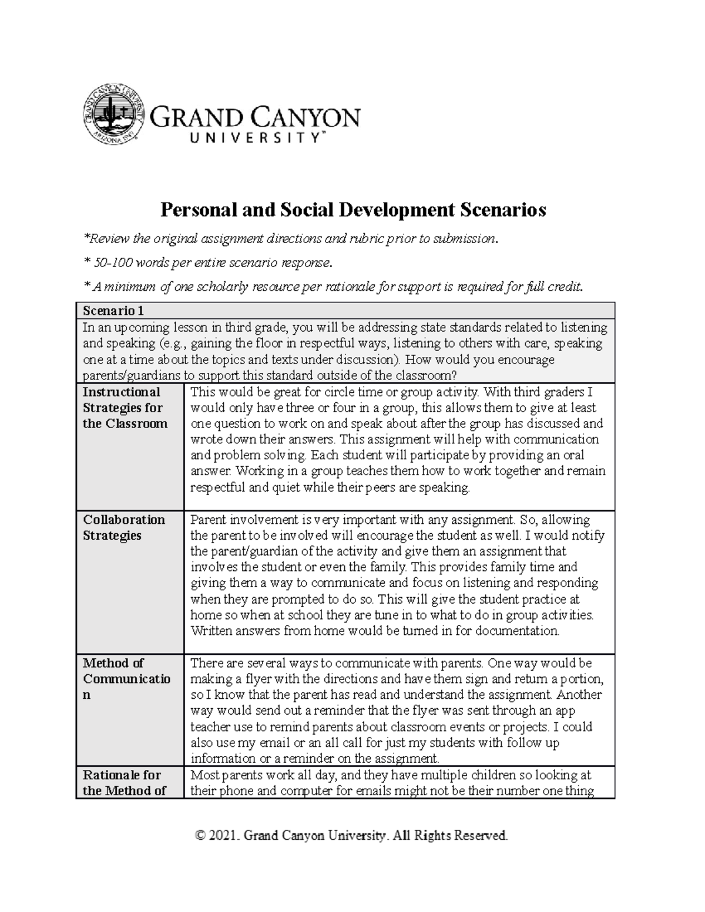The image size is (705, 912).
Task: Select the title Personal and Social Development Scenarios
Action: tap(353, 210)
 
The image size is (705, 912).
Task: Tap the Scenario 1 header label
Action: tap(113, 310)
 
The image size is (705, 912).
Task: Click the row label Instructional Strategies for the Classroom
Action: tap(125, 408)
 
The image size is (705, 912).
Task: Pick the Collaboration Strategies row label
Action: tap(124, 527)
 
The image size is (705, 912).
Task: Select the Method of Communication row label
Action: tap(126, 679)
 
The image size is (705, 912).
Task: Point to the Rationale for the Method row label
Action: tap(124, 782)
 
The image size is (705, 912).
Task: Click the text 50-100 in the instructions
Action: tap(112, 263)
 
